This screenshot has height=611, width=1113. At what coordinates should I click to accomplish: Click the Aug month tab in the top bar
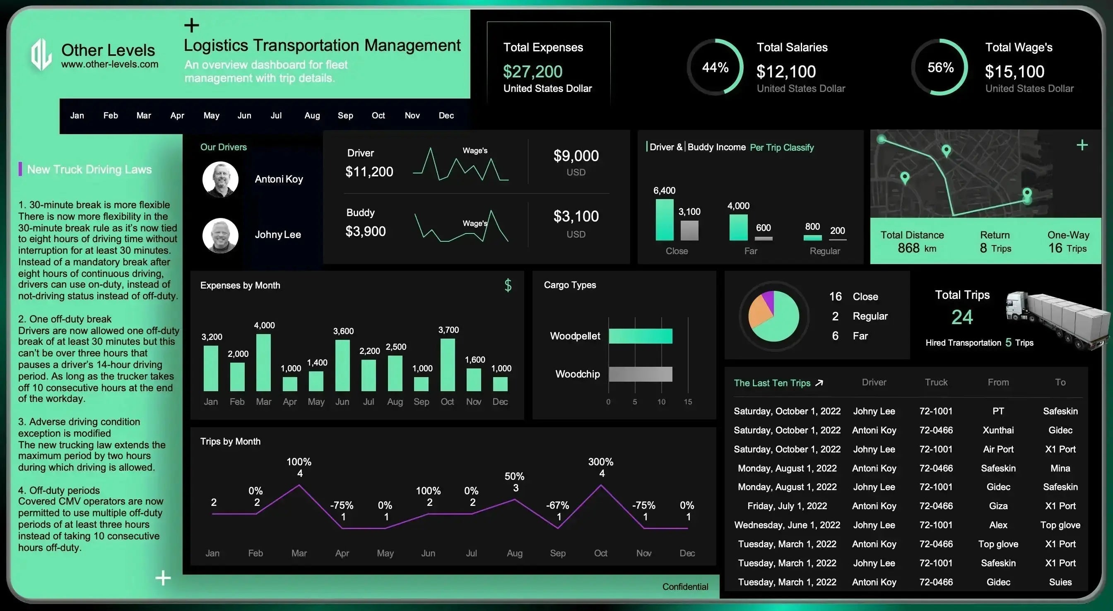click(x=312, y=115)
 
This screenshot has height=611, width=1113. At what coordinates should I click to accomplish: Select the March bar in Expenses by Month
click(x=264, y=363)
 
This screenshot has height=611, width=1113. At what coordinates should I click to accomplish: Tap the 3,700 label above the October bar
click(x=448, y=330)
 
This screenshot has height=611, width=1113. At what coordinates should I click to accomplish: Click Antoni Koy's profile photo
click(x=220, y=179)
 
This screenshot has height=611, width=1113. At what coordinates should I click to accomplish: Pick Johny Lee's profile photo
click(x=220, y=235)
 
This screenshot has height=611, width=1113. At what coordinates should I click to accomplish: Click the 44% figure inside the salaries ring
click(x=715, y=67)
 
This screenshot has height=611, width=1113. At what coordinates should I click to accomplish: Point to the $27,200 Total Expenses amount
click(x=532, y=71)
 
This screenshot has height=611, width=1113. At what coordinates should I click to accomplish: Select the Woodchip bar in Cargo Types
click(x=640, y=374)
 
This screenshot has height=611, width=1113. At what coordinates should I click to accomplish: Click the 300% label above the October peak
click(x=600, y=462)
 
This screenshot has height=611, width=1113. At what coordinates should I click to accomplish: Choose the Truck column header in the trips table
click(x=936, y=382)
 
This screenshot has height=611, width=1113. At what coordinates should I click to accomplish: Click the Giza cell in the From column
click(x=998, y=505)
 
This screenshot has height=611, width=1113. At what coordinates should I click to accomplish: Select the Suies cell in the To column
click(x=1060, y=582)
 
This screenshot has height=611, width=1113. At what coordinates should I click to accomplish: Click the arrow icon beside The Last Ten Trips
click(x=819, y=383)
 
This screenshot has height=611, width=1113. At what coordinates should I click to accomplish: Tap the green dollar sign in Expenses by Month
click(x=508, y=285)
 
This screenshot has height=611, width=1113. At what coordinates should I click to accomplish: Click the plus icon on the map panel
click(x=1082, y=145)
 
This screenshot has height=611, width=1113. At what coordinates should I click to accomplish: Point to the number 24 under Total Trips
click(x=962, y=317)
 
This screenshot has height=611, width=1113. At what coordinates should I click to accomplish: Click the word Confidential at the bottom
click(x=685, y=587)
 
